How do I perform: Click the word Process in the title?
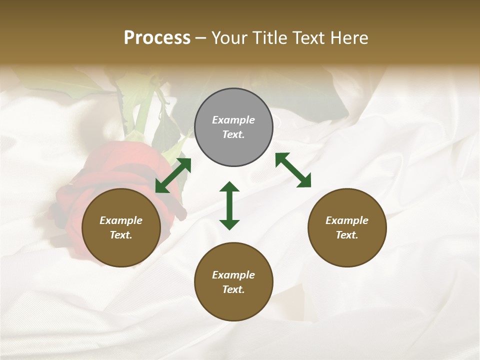(x=157, y=38)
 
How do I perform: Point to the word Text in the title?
(x=310, y=38)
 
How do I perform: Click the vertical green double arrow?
(x=229, y=205)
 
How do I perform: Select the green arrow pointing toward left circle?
(x=173, y=175)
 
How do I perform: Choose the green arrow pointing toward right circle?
(x=293, y=170)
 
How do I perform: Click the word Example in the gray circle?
(x=233, y=120)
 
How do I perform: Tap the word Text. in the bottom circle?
(x=233, y=289)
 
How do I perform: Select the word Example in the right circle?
(x=347, y=220)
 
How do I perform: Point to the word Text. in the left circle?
(x=121, y=235)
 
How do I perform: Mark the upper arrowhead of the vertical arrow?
(x=229, y=187)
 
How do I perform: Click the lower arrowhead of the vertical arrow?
(x=229, y=224)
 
